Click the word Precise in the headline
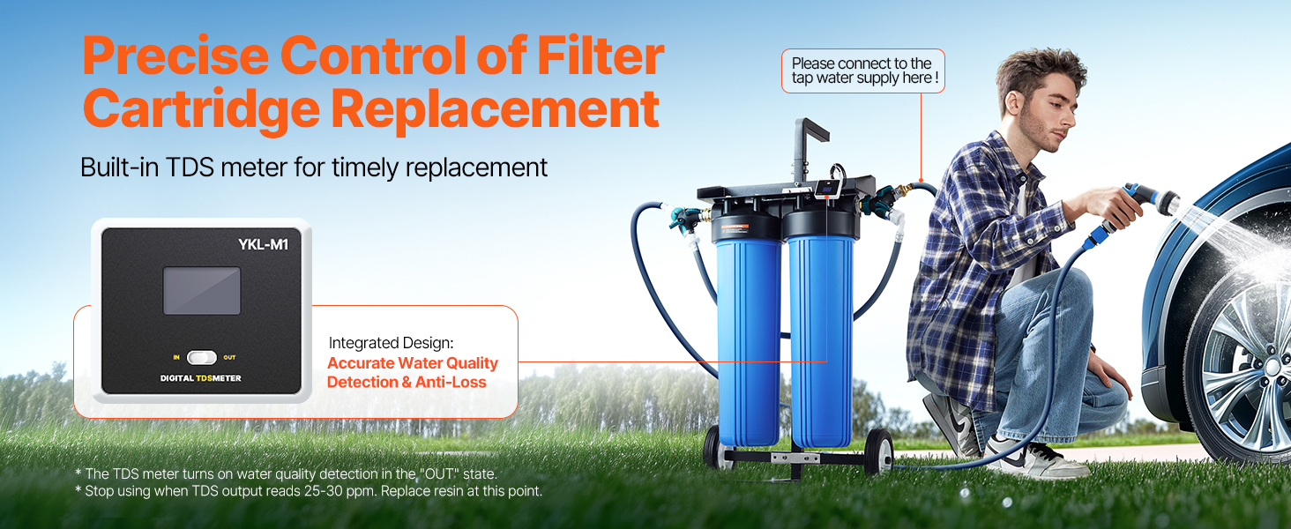click(x=175, y=56)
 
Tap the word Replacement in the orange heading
click(x=495, y=109)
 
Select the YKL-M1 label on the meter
click(x=264, y=244)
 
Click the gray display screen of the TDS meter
click(x=202, y=290)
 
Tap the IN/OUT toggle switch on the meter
click(x=202, y=357)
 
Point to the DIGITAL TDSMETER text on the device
click(x=200, y=378)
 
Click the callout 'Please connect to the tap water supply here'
click(x=862, y=71)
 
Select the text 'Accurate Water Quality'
click(x=413, y=363)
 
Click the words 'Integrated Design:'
click(x=391, y=343)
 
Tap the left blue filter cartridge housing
click(x=749, y=340)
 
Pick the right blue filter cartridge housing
click(x=821, y=340)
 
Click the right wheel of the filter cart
click(x=878, y=451)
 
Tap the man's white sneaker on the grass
click(x=1035, y=458)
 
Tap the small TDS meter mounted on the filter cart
click(x=827, y=189)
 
